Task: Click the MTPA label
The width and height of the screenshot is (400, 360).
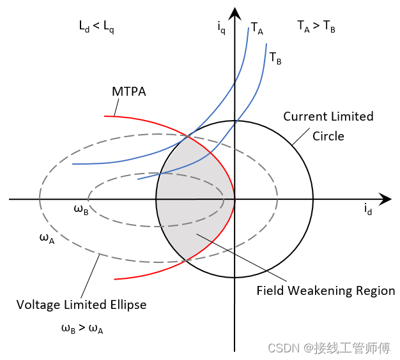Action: coord(129,92)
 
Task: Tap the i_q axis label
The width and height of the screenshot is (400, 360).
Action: coord(221,27)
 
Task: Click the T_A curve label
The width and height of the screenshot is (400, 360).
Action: coord(257,27)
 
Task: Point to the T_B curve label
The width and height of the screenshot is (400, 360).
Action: coord(275,58)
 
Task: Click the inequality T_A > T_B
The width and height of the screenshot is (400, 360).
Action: coord(316,26)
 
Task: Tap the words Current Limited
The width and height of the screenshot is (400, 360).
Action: coord(328,117)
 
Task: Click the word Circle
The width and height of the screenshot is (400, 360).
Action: coord(328,136)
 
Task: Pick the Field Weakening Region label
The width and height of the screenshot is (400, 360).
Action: coord(326,291)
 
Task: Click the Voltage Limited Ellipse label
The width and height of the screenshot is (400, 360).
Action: coord(81,304)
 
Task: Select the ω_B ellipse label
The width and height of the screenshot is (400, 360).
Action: coord(81,210)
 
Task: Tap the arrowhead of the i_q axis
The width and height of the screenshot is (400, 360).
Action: coord(235,13)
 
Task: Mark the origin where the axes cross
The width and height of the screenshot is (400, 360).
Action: coord(235,199)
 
